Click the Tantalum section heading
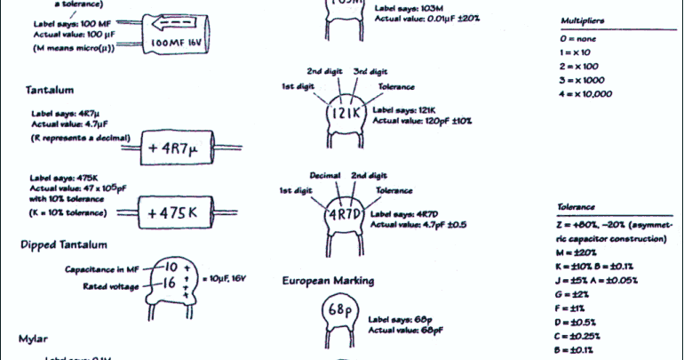point(50,90)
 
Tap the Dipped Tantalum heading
point(63,244)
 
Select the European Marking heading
point(328,281)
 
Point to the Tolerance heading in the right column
point(576,206)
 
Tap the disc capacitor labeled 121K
point(342,116)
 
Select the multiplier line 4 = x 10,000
point(587,94)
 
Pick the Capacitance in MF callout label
point(103,268)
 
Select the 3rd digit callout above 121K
point(371,71)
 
